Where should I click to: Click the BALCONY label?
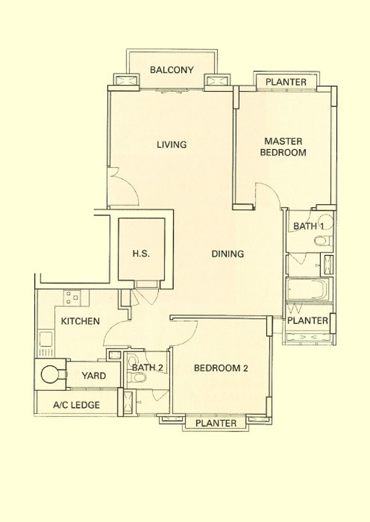point(172,70)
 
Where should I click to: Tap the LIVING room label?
point(171,145)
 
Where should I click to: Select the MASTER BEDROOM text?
point(283,147)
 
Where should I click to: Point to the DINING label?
point(227,254)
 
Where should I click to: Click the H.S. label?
point(141,254)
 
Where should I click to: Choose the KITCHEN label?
point(80,321)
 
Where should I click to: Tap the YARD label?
point(94,376)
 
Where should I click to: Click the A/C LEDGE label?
point(76,405)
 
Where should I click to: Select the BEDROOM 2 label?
point(221,368)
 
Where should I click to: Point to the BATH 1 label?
point(308,226)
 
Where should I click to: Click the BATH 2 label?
point(147,367)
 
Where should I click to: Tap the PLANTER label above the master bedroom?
point(286,82)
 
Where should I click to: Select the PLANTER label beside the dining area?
point(308,321)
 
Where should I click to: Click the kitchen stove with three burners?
point(72,298)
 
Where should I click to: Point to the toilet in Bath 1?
point(324,240)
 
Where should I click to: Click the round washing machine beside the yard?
point(49,374)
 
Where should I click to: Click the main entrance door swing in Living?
point(123,187)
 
